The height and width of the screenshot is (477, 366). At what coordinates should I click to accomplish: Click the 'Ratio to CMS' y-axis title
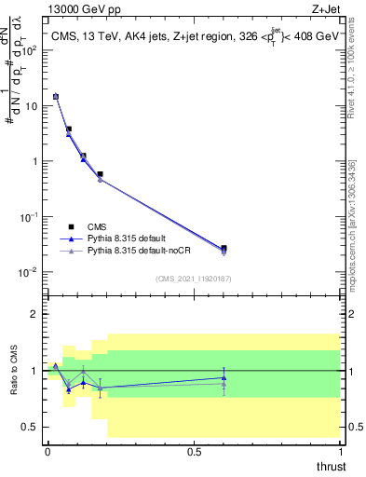(x=14, y=370)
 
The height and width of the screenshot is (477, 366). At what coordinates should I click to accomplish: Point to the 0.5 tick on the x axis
(x=195, y=451)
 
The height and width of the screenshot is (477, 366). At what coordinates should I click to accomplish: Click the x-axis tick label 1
(x=341, y=451)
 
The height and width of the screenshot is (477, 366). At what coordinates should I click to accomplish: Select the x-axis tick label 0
(x=47, y=451)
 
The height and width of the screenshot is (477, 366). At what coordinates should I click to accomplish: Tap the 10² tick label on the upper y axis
(x=31, y=50)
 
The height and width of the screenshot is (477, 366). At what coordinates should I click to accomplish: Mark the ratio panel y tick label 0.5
(x=31, y=427)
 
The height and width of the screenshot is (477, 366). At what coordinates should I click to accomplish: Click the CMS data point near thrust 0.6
(x=224, y=248)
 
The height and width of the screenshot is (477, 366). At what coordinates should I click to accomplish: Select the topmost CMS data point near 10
(x=55, y=96)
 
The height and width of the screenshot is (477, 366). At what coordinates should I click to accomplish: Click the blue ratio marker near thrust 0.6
(x=224, y=378)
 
